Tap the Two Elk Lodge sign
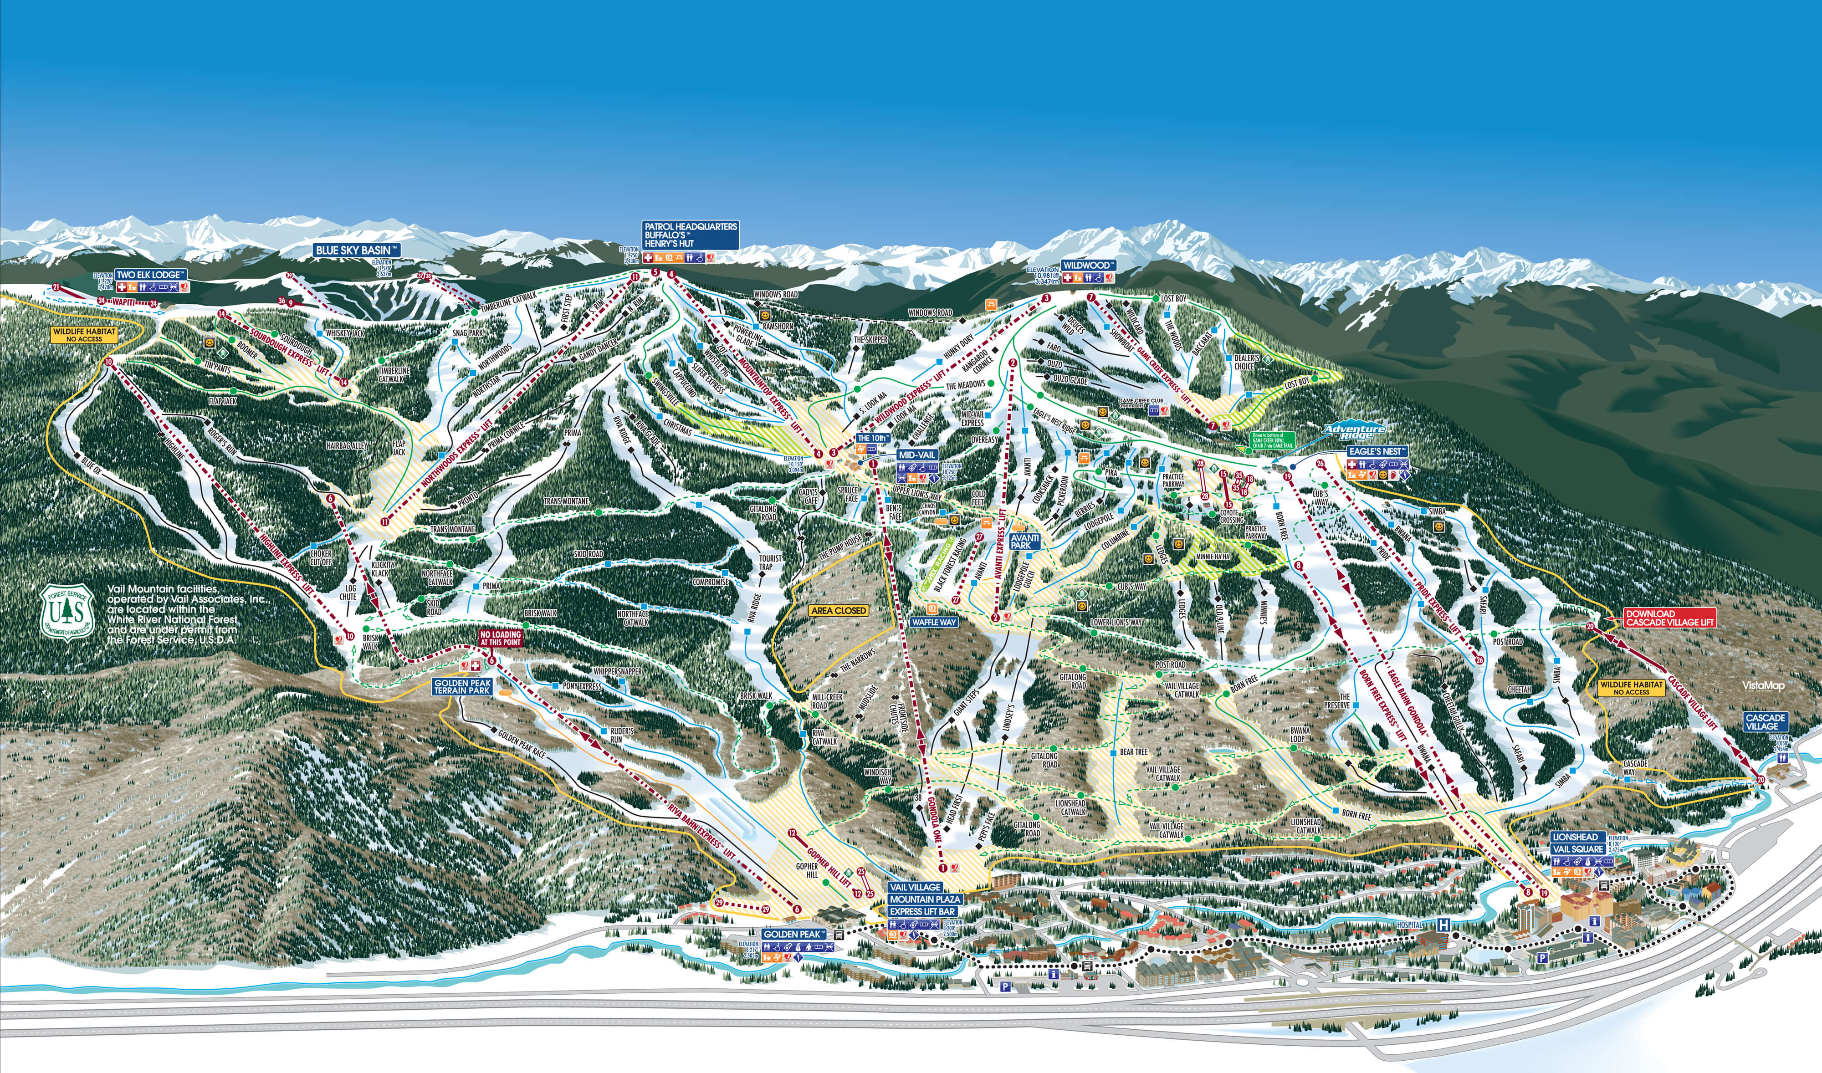tap(150, 275)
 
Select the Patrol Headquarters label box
tap(691, 235)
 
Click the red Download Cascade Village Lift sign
tap(1669, 618)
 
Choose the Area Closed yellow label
tap(839, 610)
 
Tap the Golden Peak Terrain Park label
tap(462, 686)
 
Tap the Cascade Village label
tap(1766, 721)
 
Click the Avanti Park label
tap(1024, 542)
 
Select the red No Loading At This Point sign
tap(500, 638)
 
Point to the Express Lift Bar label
tap(922, 911)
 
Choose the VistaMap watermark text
tap(1763, 685)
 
